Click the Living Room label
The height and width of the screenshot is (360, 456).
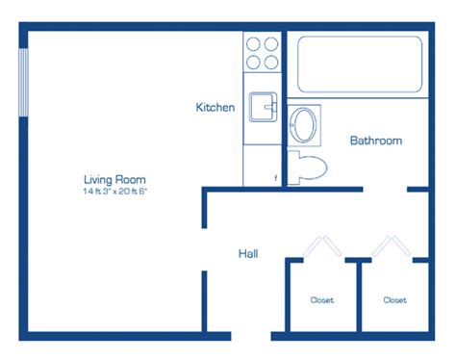(x=114, y=179)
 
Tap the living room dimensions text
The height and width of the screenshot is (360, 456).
(x=114, y=192)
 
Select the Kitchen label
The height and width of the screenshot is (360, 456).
(x=215, y=107)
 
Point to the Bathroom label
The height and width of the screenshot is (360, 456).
(x=376, y=141)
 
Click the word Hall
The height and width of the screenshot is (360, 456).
(x=248, y=254)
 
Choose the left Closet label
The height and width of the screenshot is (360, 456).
(x=322, y=300)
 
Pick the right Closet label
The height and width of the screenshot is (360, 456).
(x=395, y=300)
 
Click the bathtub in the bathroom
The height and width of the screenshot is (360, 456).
(x=360, y=64)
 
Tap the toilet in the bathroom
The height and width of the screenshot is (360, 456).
(x=307, y=167)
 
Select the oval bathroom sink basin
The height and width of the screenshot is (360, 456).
(x=303, y=125)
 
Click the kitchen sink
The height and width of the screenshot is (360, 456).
(x=263, y=107)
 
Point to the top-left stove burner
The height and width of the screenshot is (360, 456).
(x=253, y=44)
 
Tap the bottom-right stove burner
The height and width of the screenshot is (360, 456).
(x=271, y=63)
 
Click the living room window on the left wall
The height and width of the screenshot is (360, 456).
(x=23, y=83)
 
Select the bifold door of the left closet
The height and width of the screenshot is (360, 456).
(x=322, y=246)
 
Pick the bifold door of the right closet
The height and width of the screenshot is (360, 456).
(x=392, y=246)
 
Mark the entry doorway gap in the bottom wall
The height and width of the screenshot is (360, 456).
(x=251, y=336)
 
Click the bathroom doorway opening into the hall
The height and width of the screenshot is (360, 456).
(x=385, y=190)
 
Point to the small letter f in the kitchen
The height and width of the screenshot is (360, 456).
(x=275, y=178)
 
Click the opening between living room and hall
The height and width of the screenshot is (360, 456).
(x=204, y=249)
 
